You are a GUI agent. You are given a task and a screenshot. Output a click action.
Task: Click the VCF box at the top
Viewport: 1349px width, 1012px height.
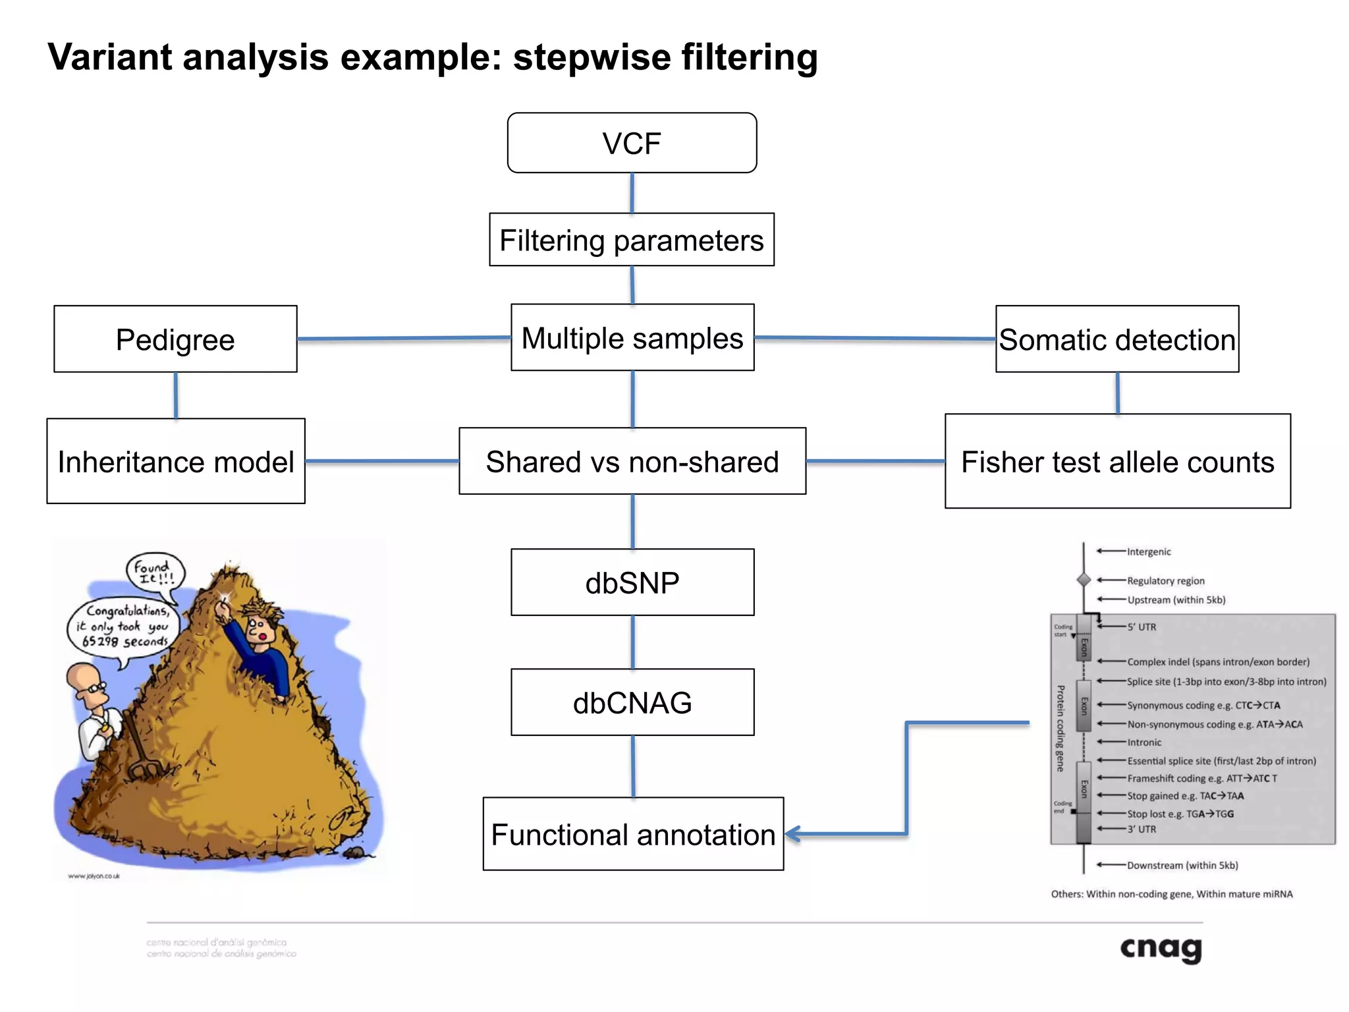632,143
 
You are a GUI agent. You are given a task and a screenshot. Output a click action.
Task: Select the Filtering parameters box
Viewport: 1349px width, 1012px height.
632,240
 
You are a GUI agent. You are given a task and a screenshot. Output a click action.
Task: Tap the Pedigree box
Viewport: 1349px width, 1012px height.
175,339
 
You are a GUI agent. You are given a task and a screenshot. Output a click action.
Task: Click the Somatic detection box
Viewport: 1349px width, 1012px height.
1117,339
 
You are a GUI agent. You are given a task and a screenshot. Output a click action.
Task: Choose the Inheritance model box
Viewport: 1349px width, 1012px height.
175,461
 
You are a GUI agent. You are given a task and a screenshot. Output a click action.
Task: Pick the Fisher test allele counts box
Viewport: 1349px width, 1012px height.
1117,461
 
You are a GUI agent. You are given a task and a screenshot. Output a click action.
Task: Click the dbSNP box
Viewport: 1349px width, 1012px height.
632,582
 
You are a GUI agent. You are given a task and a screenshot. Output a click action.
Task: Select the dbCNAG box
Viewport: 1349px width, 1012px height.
632,702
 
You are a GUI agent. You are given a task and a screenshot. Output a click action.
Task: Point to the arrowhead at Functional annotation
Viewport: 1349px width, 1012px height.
791,834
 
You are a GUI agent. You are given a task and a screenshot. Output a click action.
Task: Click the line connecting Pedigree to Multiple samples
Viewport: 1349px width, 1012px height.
403,339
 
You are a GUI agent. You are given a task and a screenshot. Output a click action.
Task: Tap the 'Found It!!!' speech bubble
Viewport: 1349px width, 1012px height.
154,572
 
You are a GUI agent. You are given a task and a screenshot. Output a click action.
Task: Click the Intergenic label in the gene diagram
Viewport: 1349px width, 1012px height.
1148,552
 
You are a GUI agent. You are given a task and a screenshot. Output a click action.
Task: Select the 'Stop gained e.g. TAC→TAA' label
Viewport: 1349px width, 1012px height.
1185,796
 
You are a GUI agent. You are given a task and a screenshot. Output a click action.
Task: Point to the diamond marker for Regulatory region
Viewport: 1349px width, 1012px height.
1084,580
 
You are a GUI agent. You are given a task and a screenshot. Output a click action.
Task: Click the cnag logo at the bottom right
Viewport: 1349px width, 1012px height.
1161,949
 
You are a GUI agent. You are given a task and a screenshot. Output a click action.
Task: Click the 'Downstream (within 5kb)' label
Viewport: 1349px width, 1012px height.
1182,865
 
